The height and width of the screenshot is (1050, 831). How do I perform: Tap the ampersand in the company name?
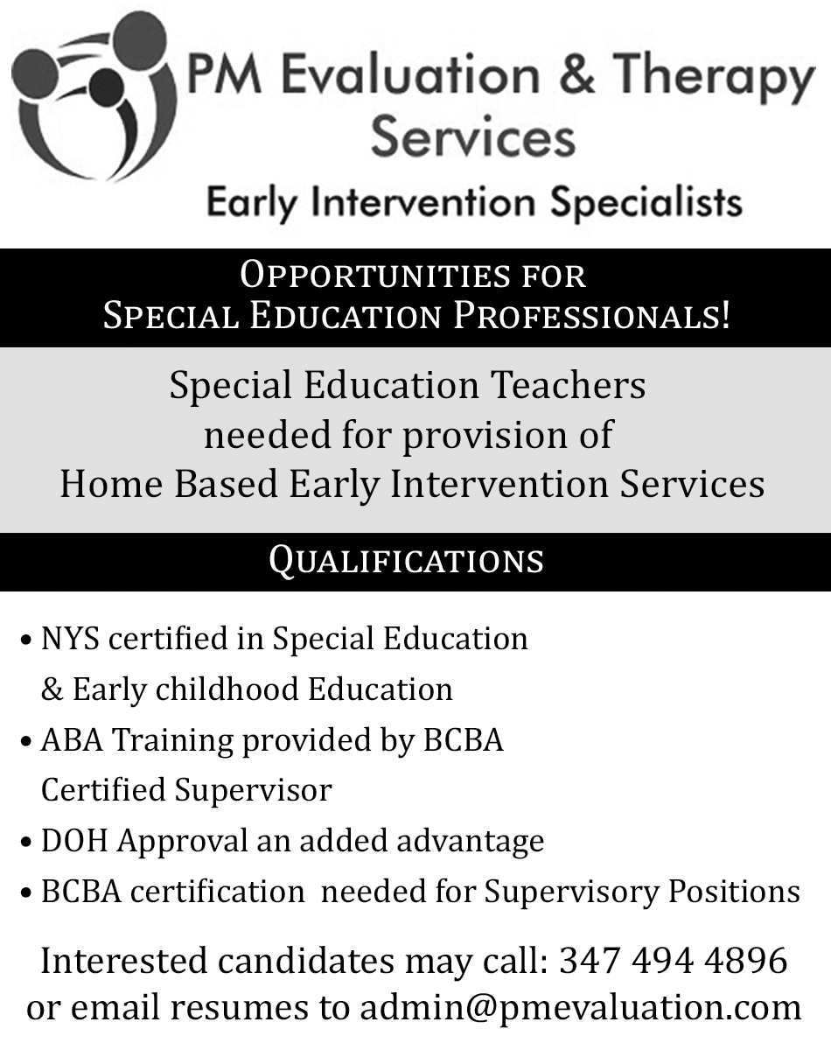click(x=577, y=74)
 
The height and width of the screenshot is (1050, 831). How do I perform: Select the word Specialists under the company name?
click(x=646, y=202)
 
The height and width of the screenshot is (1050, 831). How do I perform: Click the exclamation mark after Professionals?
click(x=725, y=315)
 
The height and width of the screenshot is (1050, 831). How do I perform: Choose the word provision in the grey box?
click(x=484, y=436)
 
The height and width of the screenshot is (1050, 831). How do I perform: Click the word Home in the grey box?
click(x=111, y=484)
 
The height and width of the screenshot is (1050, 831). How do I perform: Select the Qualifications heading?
click(x=406, y=561)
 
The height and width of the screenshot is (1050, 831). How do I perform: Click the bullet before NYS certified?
click(x=27, y=640)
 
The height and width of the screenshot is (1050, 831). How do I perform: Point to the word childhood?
click(x=227, y=689)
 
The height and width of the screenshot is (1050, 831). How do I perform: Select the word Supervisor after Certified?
click(x=254, y=791)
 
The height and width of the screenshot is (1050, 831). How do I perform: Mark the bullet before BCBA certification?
click(x=27, y=892)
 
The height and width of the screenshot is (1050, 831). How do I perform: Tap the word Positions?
click(x=735, y=892)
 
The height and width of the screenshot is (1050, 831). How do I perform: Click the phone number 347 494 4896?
click(x=674, y=960)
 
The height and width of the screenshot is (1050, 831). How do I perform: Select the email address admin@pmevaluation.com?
click(x=581, y=1009)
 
